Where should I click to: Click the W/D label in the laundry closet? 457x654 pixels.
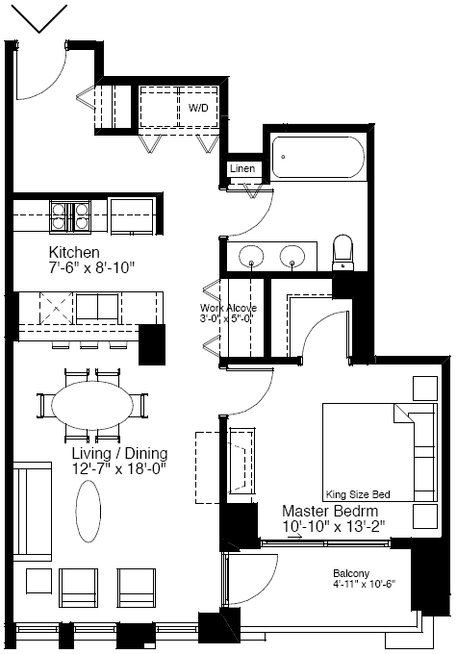point(198,108)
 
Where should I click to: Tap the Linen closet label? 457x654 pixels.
point(242,168)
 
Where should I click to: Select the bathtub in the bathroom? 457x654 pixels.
point(318,157)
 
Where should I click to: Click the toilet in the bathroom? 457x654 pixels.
point(343,253)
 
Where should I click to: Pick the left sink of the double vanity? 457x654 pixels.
point(251,256)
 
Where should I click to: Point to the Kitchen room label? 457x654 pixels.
point(74,252)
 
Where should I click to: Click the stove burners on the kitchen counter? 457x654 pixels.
point(70,215)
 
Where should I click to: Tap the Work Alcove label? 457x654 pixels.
point(228,308)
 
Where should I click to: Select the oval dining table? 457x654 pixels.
point(92,405)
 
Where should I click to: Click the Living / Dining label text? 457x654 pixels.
point(119,453)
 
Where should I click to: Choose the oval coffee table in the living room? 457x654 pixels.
point(89,511)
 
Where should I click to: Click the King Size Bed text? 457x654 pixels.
point(358,494)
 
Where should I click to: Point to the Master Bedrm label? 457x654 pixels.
point(330,511)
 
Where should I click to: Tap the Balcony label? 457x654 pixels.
point(351,573)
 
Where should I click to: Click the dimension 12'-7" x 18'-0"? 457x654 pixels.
point(119,468)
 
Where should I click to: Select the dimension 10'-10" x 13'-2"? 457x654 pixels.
point(334,526)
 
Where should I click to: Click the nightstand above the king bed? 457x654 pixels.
point(425,389)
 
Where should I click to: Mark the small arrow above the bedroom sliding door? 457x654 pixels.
point(296,538)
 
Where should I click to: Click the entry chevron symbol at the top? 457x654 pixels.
point(38,19)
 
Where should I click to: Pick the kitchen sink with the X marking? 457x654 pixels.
point(57,309)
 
